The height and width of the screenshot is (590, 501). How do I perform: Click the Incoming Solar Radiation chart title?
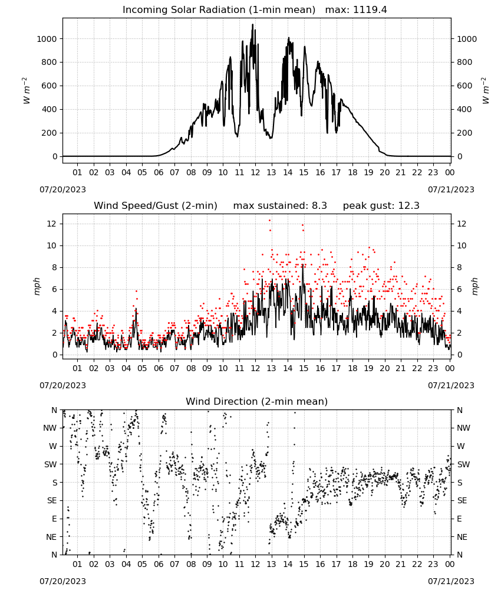tap(219, 9)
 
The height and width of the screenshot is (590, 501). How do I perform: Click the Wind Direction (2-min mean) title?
tap(257, 401)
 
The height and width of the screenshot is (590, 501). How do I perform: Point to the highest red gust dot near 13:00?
tap(270, 221)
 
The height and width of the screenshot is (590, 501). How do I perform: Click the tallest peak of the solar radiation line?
tap(253, 24)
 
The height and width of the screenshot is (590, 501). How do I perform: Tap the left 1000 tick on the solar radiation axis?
tap(47, 39)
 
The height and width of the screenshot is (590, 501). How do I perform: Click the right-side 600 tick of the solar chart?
tap(464, 86)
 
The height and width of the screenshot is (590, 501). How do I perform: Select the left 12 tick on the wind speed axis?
tap(52, 224)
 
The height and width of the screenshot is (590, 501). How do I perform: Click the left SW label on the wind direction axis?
tap(50, 464)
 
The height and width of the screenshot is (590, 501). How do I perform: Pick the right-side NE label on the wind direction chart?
tap(462, 537)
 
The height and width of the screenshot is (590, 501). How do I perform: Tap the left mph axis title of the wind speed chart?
tap(37, 286)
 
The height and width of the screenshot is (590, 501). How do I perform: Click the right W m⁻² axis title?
tap(486, 91)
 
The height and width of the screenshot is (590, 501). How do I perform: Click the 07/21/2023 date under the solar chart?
tap(451, 189)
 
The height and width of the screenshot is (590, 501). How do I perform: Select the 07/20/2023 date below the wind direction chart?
tap(62, 581)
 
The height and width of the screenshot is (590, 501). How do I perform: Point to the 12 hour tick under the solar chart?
tap(255, 172)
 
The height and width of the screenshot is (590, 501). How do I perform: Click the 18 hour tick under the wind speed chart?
tap(352, 368)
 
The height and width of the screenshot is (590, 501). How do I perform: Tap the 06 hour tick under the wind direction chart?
tap(159, 564)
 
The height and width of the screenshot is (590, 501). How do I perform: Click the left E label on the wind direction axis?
tap(54, 519)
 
